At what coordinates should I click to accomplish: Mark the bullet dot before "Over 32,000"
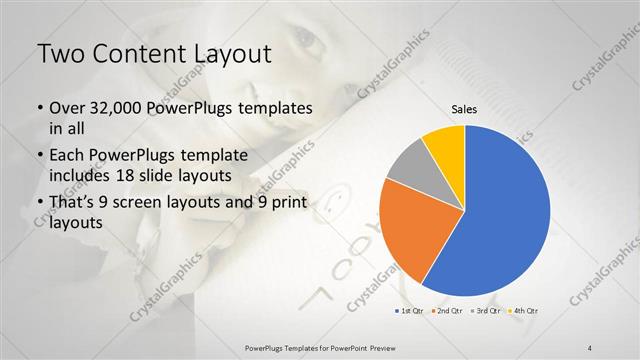click(39, 108)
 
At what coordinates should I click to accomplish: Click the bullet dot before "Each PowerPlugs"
click(39, 157)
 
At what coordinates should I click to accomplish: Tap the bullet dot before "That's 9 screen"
click(39, 205)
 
